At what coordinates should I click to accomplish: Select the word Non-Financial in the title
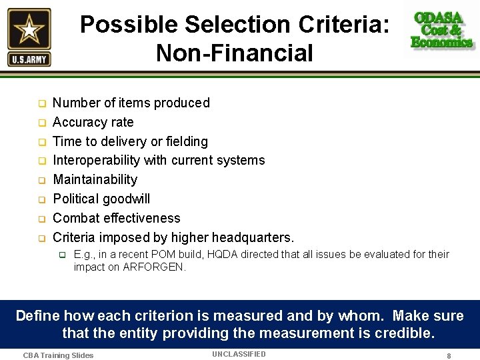tap(234, 53)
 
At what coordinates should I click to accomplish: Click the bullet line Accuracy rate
tap(93, 122)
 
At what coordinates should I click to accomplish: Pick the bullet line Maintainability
tap(95, 179)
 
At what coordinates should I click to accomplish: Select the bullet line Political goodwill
tap(101, 199)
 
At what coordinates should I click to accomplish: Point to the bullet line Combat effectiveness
tap(116, 218)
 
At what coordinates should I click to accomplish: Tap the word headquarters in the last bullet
tap(253, 237)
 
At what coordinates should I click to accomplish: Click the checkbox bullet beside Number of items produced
tap(41, 104)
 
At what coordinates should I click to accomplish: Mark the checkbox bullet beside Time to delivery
tap(41, 142)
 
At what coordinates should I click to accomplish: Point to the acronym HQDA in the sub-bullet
tap(243, 254)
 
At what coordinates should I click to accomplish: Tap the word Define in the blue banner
tap(37, 315)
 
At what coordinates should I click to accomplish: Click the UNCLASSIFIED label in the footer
tap(239, 354)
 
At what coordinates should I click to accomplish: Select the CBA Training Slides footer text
tap(58, 355)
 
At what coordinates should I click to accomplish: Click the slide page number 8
tap(449, 356)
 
